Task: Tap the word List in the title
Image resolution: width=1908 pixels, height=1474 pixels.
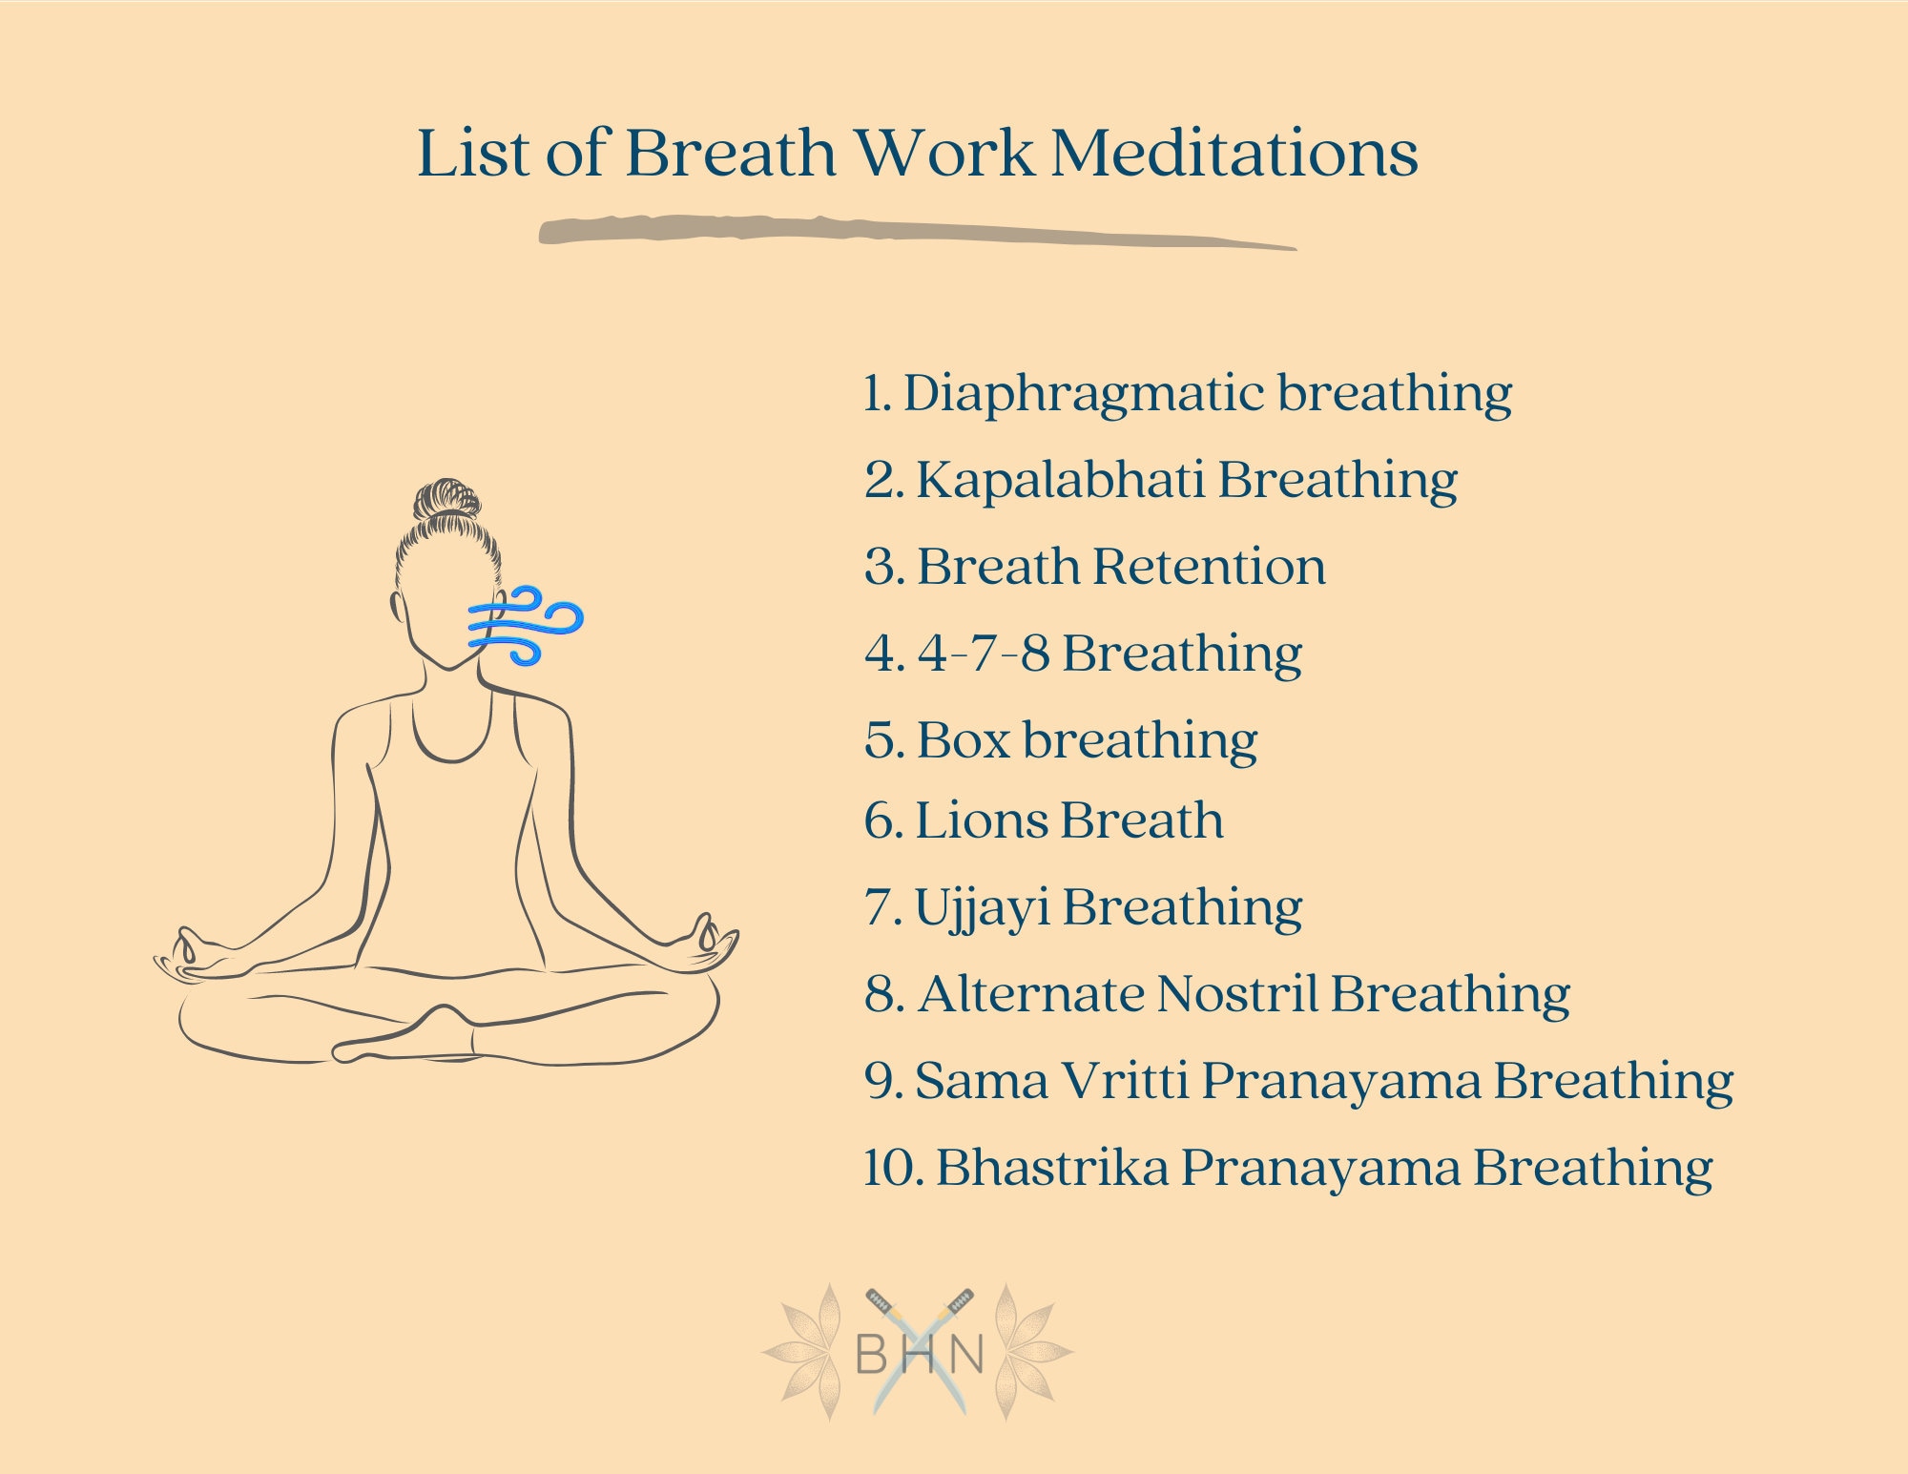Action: (473, 154)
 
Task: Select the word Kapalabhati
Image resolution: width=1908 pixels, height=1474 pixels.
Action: (1059, 480)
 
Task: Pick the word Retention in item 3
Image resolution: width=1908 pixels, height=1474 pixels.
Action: (1209, 567)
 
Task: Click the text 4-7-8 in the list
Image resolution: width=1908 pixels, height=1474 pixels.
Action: (983, 654)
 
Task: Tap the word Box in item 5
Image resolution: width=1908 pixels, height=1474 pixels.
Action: (963, 740)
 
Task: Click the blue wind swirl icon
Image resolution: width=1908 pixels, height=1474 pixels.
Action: (525, 625)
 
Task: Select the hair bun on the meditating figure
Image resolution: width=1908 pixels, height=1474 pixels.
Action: (446, 498)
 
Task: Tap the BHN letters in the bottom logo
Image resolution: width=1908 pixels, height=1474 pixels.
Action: (919, 1353)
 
